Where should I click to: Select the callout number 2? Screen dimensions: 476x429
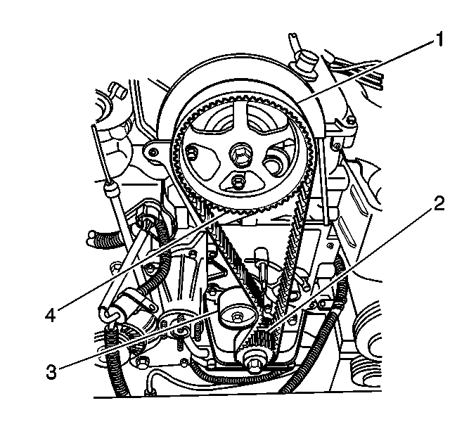pos(438,203)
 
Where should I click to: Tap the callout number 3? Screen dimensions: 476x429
pos(51,371)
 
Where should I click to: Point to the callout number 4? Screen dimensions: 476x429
pos(51,315)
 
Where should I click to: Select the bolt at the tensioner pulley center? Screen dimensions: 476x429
pos(236,317)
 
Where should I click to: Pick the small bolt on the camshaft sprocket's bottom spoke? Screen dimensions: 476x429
pos(236,181)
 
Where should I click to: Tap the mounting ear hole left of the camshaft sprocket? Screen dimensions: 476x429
pos(154,151)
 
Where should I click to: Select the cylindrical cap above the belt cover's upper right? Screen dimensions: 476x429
pos(304,62)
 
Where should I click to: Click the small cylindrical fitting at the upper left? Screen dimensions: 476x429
pos(118,91)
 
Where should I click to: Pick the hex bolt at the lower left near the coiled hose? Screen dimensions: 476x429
pos(141,361)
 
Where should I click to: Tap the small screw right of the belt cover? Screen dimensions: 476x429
pos(336,147)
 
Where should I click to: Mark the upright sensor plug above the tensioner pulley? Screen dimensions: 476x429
pos(261,258)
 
